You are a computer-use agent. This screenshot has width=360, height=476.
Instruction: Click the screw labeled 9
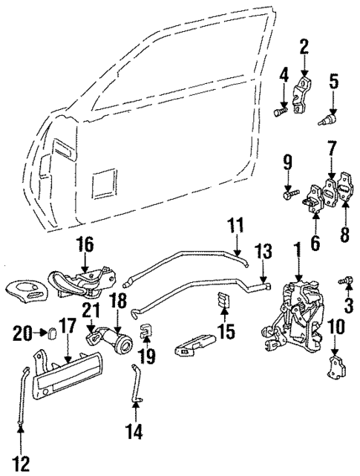[x=289, y=195]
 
